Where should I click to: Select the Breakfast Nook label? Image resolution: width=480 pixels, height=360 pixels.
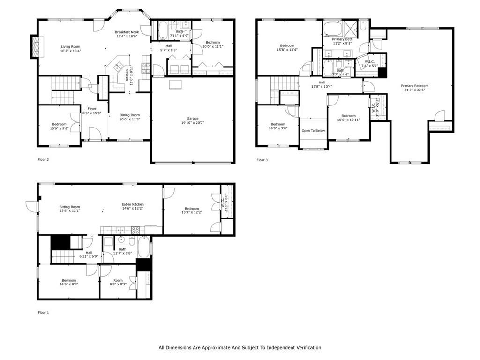(x=127, y=32)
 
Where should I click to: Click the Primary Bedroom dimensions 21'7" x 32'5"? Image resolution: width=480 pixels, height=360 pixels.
(x=414, y=90)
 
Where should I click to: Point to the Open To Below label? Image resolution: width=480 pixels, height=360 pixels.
(x=313, y=131)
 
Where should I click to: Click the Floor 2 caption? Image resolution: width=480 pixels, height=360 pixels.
(x=43, y=160)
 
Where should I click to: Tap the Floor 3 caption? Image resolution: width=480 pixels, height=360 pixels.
(x=262, y=160)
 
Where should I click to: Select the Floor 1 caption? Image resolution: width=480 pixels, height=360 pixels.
(x=43, y=312)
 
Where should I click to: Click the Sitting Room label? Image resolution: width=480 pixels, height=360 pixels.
(x=69, y=207)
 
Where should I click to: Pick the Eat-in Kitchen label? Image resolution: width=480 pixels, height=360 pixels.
(x=133, y=204)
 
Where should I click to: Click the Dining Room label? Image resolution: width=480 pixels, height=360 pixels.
(x=129, y=115)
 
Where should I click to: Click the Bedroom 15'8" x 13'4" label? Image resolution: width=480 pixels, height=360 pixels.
(x=286, y=45)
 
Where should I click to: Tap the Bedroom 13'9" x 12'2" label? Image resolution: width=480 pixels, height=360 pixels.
(x=192, y=209)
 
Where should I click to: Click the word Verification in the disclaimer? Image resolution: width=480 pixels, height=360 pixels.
(x=306, y=348)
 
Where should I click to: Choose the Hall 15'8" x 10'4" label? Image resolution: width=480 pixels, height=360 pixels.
(x=322, y=82)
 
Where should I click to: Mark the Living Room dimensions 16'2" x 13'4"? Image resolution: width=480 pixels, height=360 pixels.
(x=71, y=51)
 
